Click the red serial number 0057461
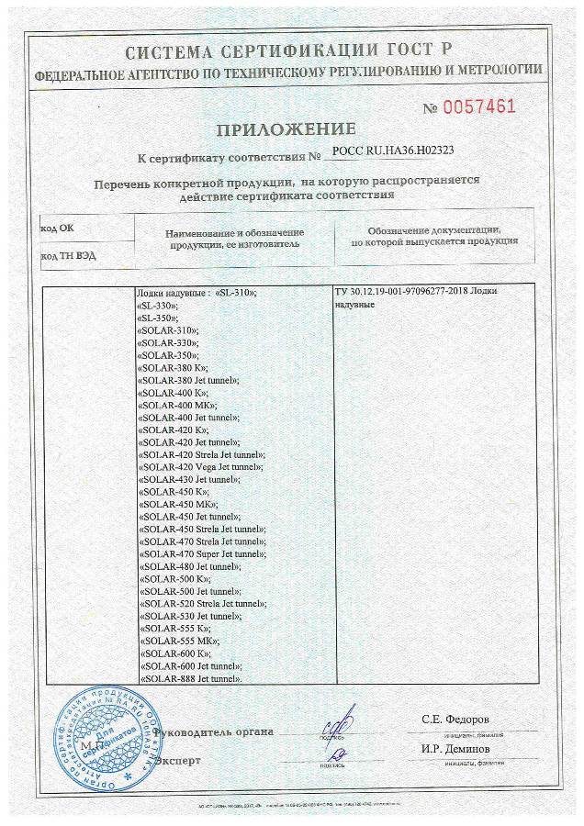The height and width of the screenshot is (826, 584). (480, 106)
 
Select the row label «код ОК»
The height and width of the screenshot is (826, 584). (57, 224)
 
